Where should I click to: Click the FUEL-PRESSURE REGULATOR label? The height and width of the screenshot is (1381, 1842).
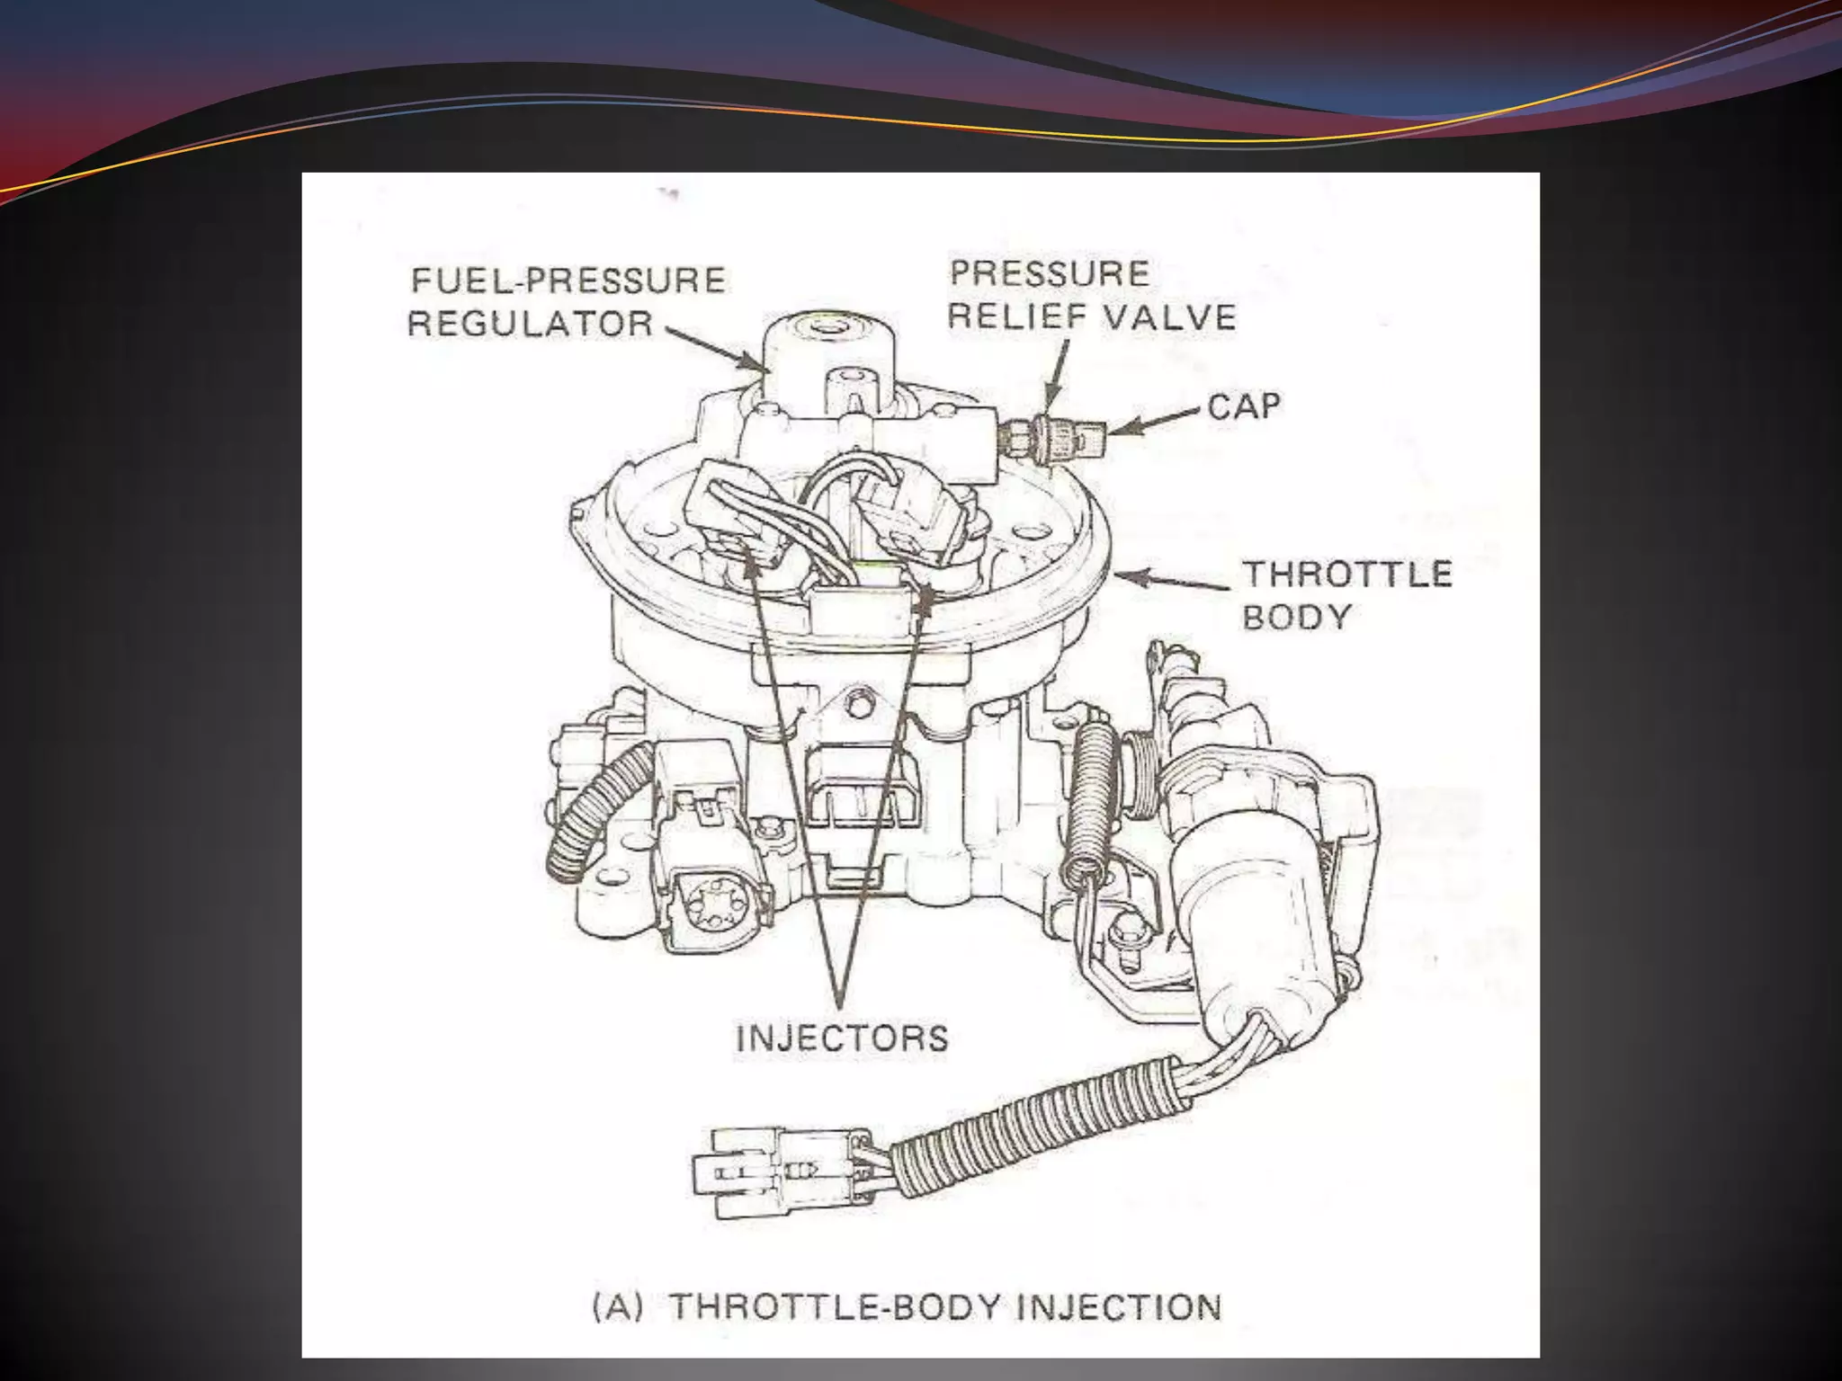pos(567,302)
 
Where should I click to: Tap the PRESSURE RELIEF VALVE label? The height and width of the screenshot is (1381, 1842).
pos(1092,295)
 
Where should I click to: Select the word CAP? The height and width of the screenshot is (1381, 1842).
pos(1244,406)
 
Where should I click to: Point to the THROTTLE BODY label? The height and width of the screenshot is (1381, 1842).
pos(1346,595)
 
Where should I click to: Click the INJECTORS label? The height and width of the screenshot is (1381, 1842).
pos(842,1038)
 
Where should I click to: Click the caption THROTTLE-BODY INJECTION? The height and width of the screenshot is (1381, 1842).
pos(946,1306)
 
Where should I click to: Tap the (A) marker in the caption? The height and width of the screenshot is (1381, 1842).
pos(618,1306)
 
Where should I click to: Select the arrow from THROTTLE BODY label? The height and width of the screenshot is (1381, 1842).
pos(1174,580)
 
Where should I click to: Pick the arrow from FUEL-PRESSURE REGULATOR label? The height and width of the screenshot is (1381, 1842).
pos(715,346)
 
